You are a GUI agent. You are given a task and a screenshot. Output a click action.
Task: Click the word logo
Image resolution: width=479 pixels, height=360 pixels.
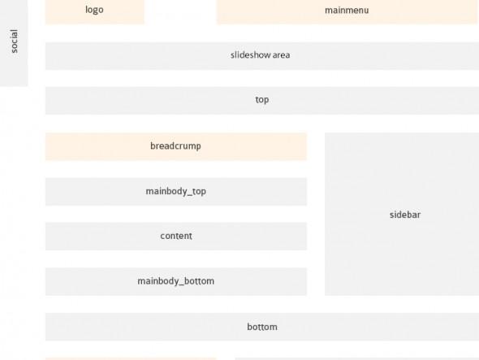[94, 10]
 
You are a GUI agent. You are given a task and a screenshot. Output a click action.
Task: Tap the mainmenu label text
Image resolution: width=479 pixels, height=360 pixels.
[347, 11]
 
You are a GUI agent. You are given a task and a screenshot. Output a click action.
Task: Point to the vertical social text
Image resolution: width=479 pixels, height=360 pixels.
[14, 41]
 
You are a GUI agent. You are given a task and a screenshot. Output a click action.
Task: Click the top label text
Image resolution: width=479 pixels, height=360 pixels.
[262, 100]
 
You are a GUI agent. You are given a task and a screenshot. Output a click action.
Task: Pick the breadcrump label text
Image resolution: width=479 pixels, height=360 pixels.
[175, 146]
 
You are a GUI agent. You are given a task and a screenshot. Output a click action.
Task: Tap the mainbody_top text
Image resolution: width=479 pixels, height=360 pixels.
[176, 192]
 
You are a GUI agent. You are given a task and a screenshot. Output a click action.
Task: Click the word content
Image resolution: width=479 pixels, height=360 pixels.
[176, 236]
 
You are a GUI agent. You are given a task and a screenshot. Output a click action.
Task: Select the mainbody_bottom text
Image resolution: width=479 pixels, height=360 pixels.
[176, 281]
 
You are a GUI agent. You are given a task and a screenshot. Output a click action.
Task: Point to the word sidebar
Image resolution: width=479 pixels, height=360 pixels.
[405, 215]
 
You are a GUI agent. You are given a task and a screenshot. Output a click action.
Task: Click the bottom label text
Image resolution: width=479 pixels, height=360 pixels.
[262, 327]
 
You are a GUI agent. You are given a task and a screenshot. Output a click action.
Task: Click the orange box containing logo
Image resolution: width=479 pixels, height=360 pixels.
[95, 11]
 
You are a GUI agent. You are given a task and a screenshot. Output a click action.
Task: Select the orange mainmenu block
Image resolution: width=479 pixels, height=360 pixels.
[347, 11]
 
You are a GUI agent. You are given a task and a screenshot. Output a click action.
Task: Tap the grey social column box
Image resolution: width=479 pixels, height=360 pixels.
[14, 43]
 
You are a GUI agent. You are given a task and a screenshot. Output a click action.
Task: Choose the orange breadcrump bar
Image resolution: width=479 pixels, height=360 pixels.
[176, 146]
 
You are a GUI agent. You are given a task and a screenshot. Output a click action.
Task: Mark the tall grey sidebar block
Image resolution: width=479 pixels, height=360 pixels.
[402, 214]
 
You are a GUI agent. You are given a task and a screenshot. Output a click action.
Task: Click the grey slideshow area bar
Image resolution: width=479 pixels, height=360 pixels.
[262, 56]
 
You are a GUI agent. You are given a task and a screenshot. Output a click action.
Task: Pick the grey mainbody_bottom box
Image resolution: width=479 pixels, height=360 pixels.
[176, 282]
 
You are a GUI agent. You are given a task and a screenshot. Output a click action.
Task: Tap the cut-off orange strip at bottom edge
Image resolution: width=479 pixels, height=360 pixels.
[131, 358]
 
